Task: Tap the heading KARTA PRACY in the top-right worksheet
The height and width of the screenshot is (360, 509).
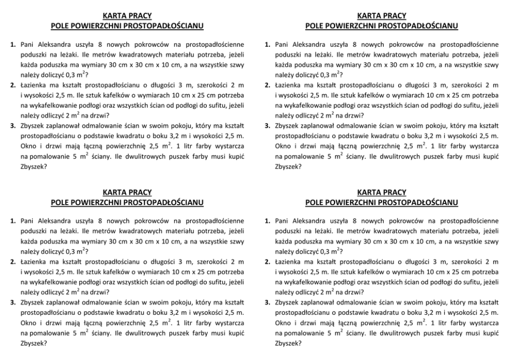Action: click(x=381, y=16)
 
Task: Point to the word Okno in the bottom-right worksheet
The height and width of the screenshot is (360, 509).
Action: click(x=285, y=323)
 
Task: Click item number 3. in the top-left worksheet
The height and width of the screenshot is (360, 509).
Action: click(x=13, y=124)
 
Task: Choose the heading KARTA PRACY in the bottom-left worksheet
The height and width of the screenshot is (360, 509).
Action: click(x=127, y=193)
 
